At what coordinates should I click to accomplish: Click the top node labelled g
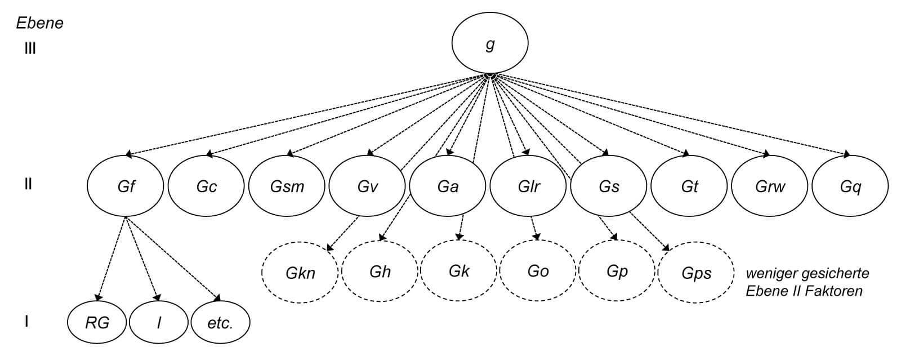coord(490,45)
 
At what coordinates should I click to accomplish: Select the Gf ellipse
coord(126,186)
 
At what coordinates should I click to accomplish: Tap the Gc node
coord(207,186)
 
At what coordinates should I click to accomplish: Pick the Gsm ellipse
coord(287,186)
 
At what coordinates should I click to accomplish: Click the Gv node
coord(367,186)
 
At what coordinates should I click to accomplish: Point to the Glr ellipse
coord(528,186)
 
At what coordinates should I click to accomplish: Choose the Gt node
coord(689,186)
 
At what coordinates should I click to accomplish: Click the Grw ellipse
coord(770,186)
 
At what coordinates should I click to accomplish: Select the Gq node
coord(850,186)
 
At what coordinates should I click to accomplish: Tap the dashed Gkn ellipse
coord(300,273)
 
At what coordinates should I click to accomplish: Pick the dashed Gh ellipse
coord(380,272)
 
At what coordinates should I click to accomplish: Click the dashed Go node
coord(538,272)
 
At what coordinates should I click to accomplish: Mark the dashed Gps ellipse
coord(696,273)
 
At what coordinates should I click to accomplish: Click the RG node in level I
coord(97,323)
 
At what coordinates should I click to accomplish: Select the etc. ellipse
coord(220,323)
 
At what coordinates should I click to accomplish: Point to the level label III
coord(27,48)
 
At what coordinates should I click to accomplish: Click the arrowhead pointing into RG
coord(99,296)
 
